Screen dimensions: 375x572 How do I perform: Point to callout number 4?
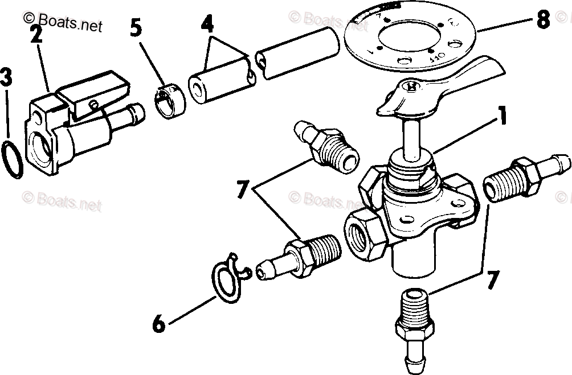tap(207, 24)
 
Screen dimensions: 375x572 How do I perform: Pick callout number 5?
tap(136, 28)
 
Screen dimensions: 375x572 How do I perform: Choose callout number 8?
tap(542, 19)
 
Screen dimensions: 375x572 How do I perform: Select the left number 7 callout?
tap(243, 190)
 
